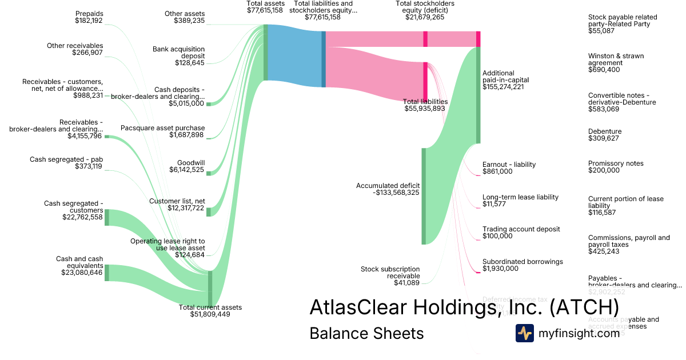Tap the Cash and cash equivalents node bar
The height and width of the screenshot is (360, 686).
pyautogui.click(x=107, y=273)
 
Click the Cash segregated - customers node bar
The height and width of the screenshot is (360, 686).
pyautogui.click(x=107, y=217)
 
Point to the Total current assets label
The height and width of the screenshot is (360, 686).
pyautogui.click(x=210, y=311)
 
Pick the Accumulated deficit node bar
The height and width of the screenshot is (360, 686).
pyautogui.click(x=424, y=196)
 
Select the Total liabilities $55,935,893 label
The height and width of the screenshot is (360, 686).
pyautogui.click(x=425, y=105)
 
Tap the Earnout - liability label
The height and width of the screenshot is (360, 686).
pyautogui.click(x=509, y=168)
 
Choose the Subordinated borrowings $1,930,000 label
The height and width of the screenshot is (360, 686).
pyautogui.click(x=523, y=265)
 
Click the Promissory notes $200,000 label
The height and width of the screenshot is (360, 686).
pyautogui.click(x=616, y=167)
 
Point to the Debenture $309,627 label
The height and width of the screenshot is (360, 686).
pyautogui.click(x=605, y=135)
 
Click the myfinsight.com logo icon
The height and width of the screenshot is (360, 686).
pyautogui.click(x=524, y=333)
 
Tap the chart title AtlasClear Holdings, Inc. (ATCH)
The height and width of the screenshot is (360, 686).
pyautogui.click(x=464, y=307)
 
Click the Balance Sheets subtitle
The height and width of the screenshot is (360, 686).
pyautogui.click(x=366, y=334)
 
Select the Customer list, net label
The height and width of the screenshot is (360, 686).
pyautogui.click(x=177, y=205)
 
